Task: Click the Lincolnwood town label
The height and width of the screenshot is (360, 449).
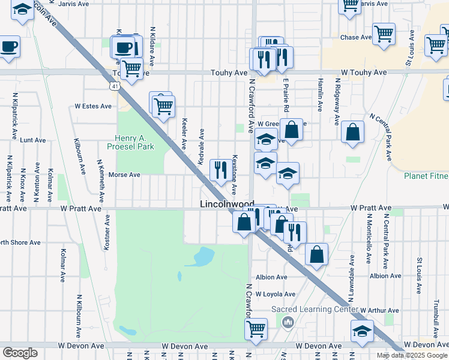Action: click(227, 205)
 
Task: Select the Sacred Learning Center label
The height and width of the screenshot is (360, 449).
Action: click(315, 309)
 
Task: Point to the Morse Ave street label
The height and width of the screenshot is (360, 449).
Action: click(124, 175)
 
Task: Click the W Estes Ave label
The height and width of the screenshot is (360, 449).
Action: click(93, 106)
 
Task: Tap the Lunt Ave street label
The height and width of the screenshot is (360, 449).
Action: click(33, 140)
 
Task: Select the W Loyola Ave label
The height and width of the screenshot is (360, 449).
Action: click(276, 295)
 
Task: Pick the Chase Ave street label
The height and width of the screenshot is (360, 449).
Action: click(357, 37)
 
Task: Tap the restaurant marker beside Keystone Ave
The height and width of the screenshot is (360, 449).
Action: click(220, 170)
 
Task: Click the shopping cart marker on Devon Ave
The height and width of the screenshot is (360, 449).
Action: click(256, 329)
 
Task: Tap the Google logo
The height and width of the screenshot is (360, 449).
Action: click(20, 353)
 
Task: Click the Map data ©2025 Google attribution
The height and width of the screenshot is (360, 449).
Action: click(412, 355)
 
